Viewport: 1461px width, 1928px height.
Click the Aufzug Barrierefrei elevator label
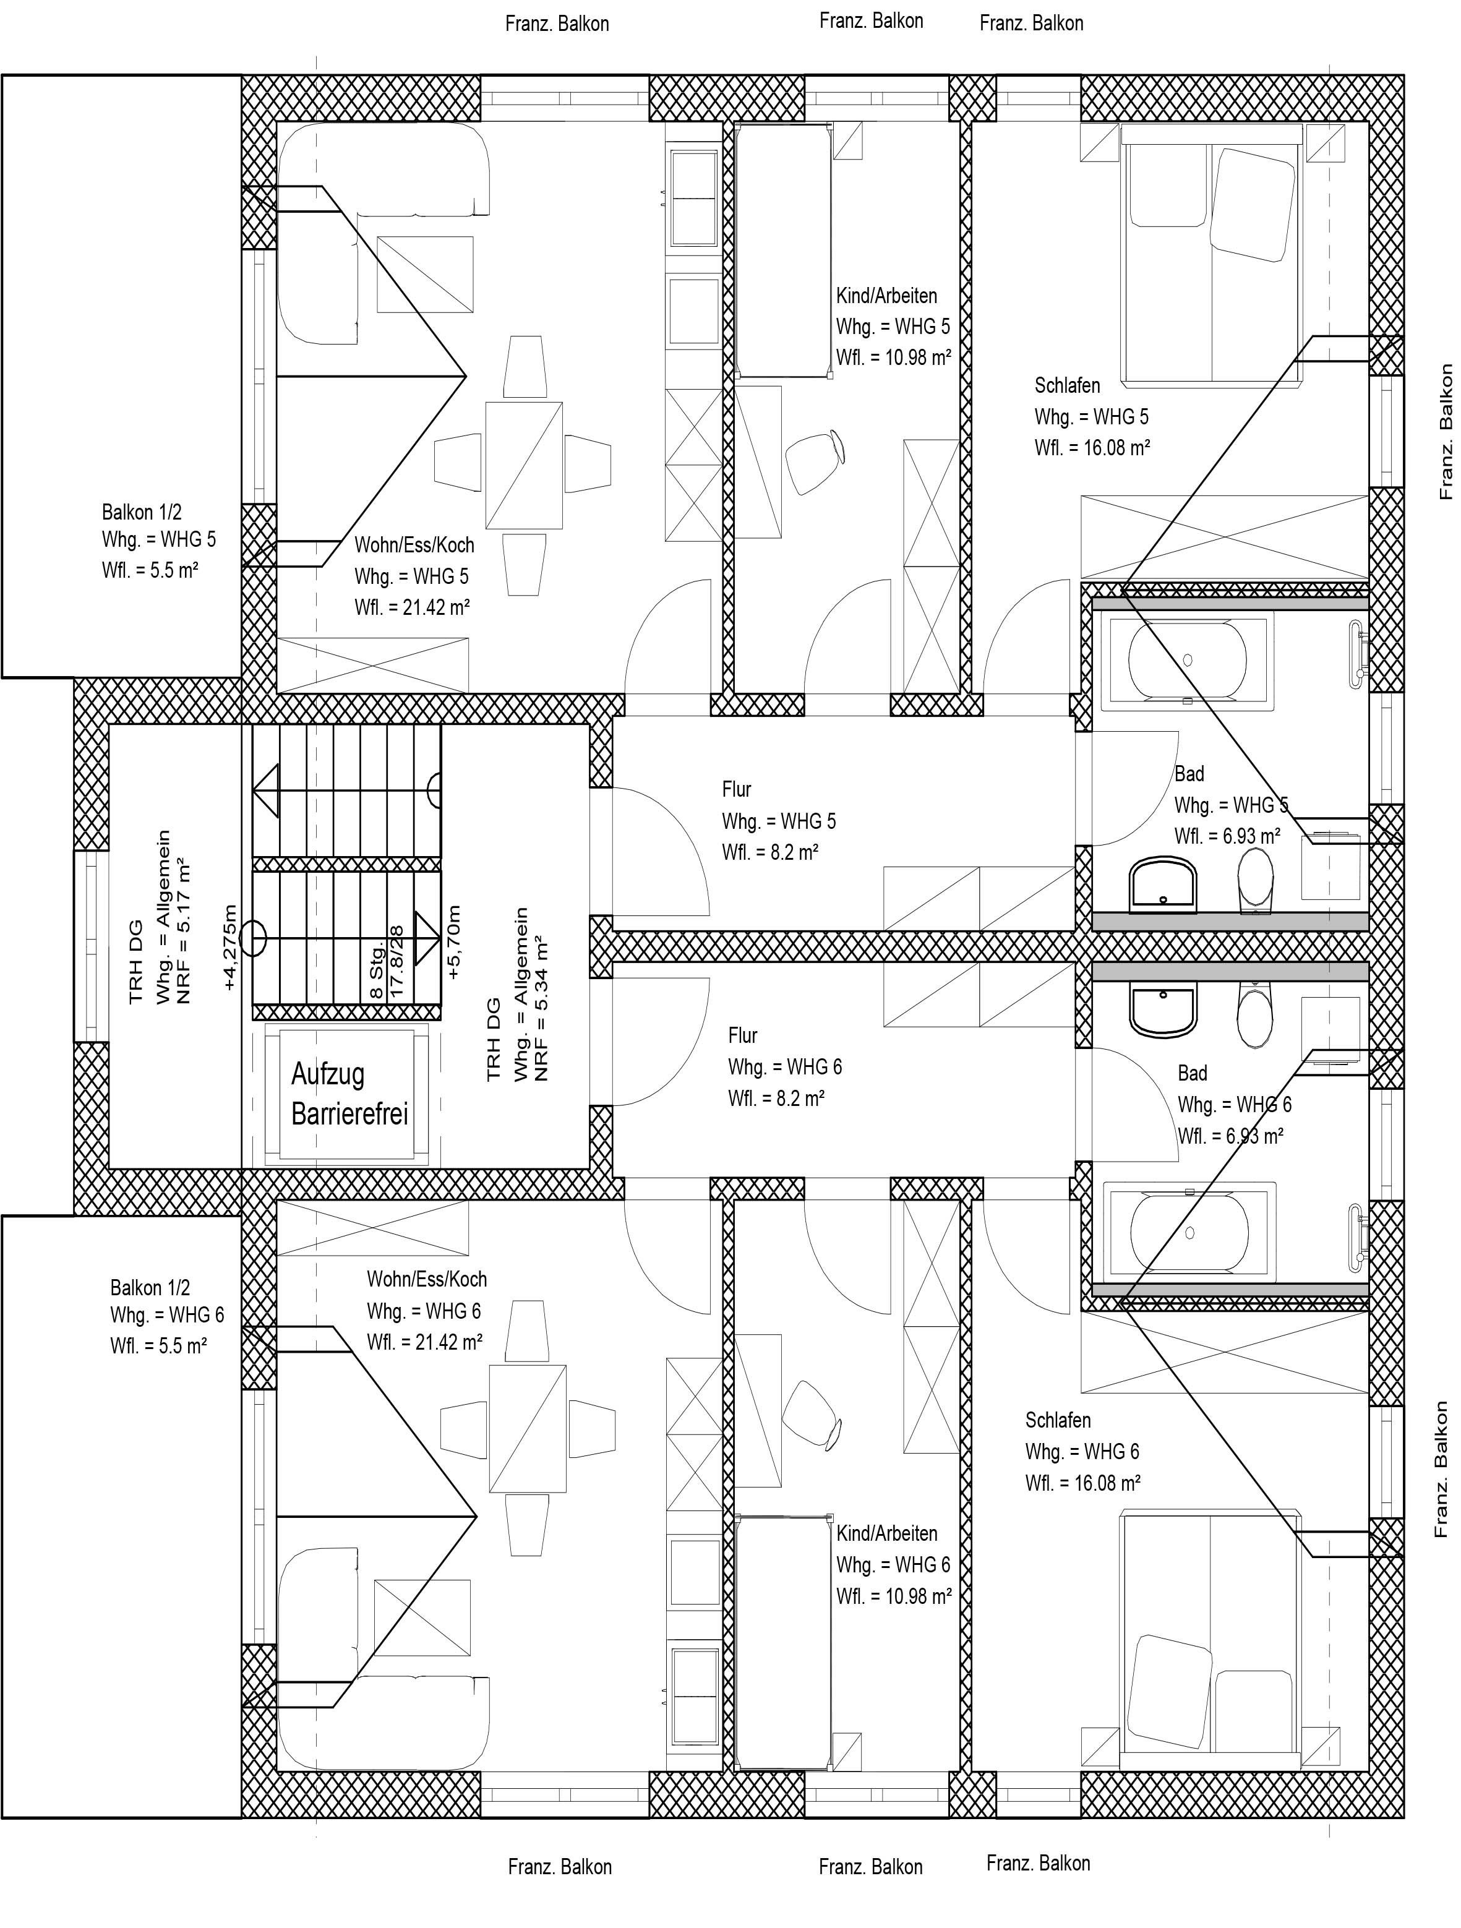click(349, 1094)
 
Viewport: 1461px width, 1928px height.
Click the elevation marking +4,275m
click(229, 948)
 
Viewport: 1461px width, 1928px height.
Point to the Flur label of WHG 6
click(743, 1035)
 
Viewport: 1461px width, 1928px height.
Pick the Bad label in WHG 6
click(1193, 1073)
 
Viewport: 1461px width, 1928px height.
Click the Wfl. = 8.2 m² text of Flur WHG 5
click(769, 852)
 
